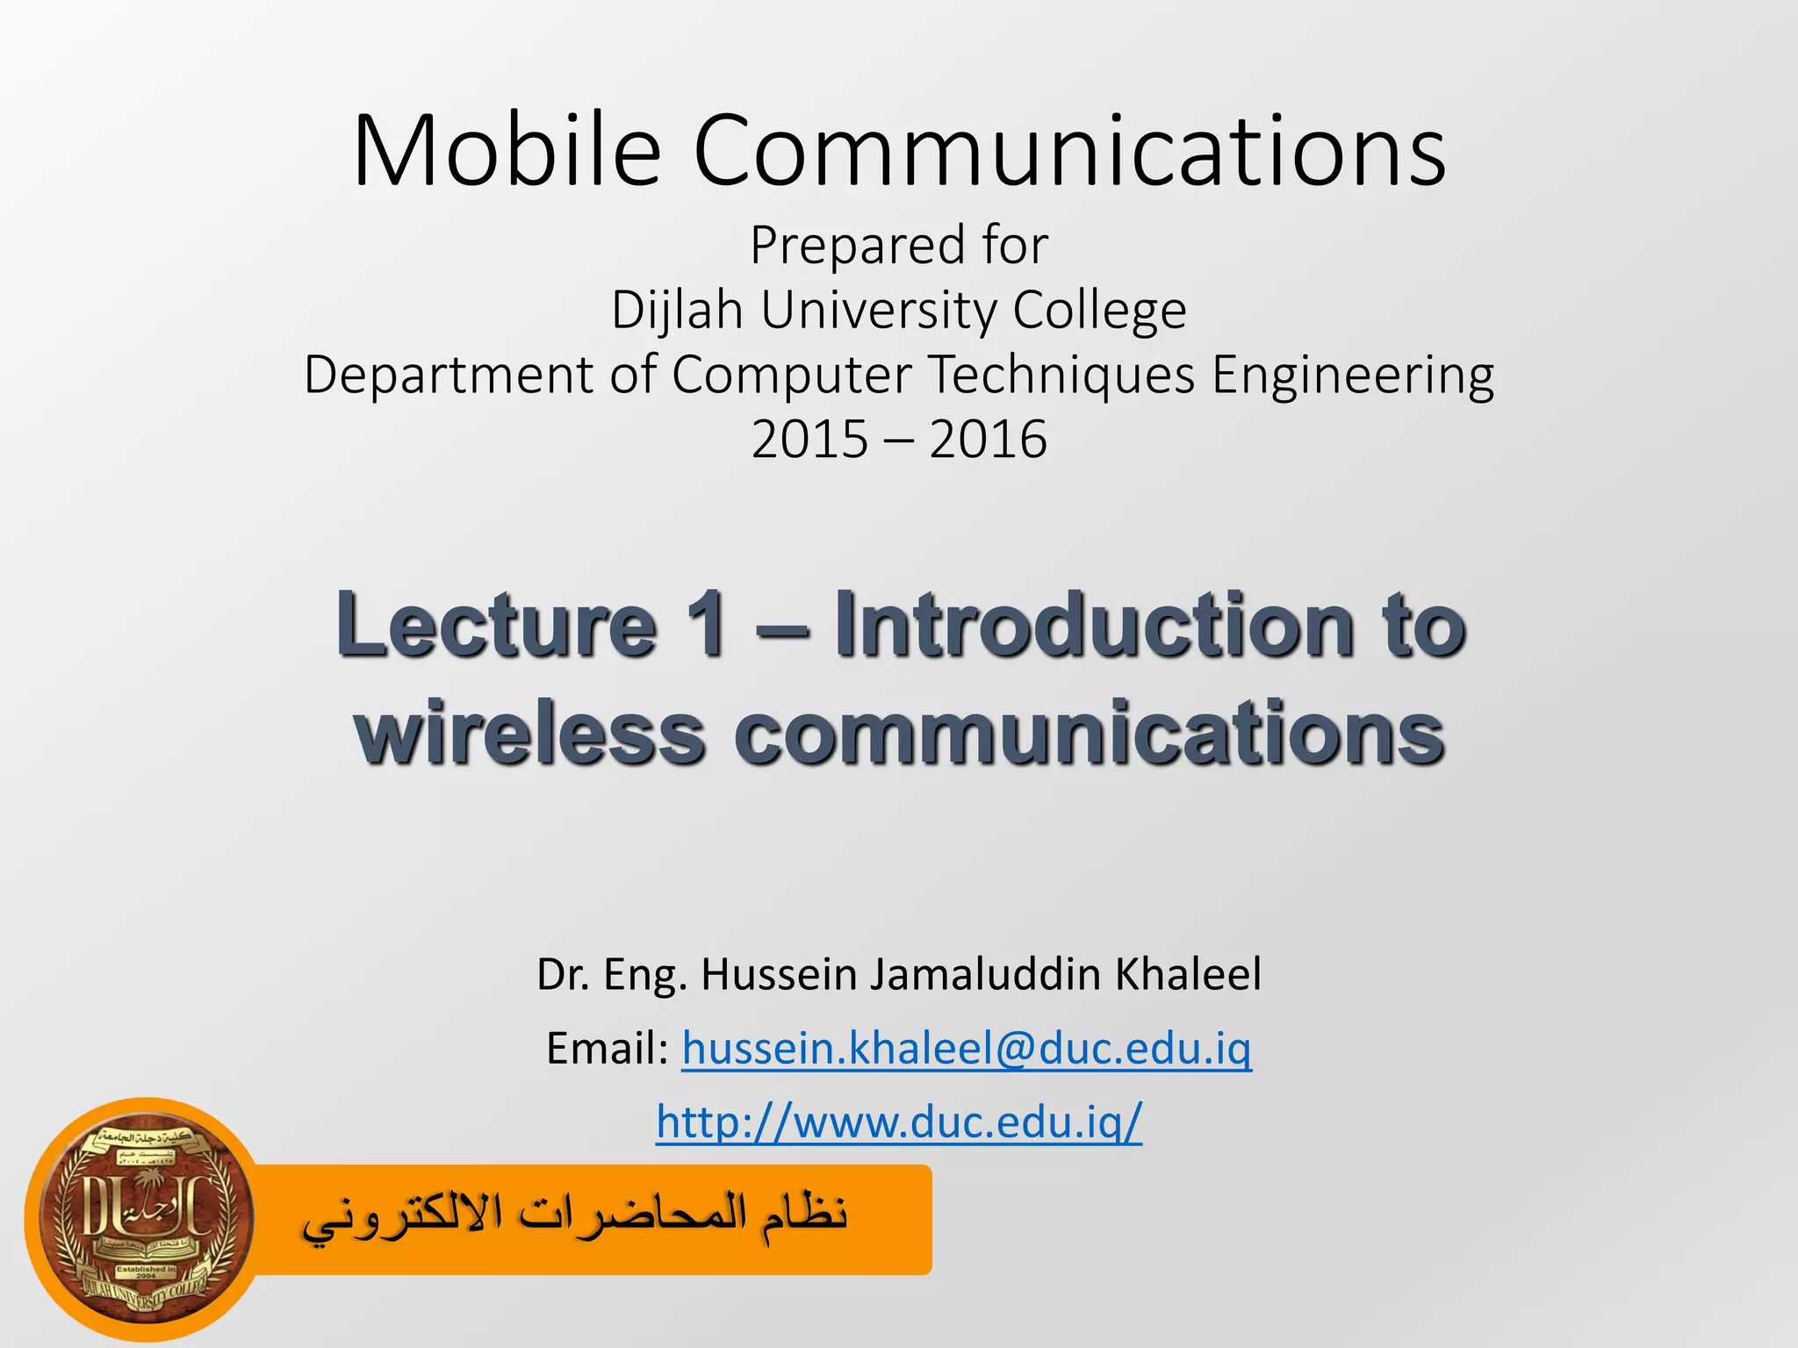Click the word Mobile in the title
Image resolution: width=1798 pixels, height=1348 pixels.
pos(506,151)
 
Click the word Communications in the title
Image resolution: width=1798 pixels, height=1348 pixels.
pos(1069,151)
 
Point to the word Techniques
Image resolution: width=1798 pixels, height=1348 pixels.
pos(1061,375)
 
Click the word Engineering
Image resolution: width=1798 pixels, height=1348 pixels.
pos(1353,375)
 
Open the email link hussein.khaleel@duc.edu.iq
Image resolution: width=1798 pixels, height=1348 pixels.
pos(967,1049)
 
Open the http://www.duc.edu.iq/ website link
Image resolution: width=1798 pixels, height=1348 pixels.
pos(899,1122)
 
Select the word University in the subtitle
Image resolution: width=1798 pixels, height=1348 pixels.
pos(879,311)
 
